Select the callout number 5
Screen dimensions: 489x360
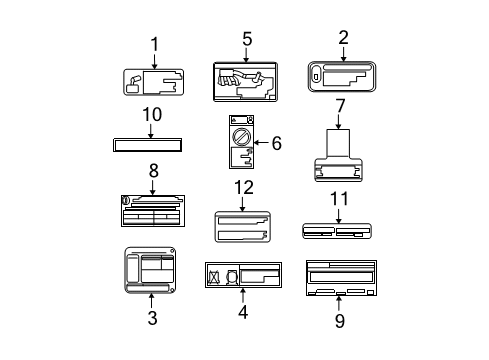[x=246, y=39]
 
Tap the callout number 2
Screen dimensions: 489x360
[x=343, y=38]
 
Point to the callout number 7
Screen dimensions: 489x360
[x=340, y=104]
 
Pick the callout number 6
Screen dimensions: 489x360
[x=276, y=143]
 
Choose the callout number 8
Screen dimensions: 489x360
[x=153, y=171]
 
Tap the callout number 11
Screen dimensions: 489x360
[x=339, y=201]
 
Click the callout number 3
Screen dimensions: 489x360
[x=152, y=318]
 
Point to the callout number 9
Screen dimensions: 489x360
[x=339, y=320]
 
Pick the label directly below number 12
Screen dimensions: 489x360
[x=244, y=226]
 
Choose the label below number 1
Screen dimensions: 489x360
[x=154, y=82]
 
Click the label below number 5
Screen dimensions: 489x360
[x=245, y=81]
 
